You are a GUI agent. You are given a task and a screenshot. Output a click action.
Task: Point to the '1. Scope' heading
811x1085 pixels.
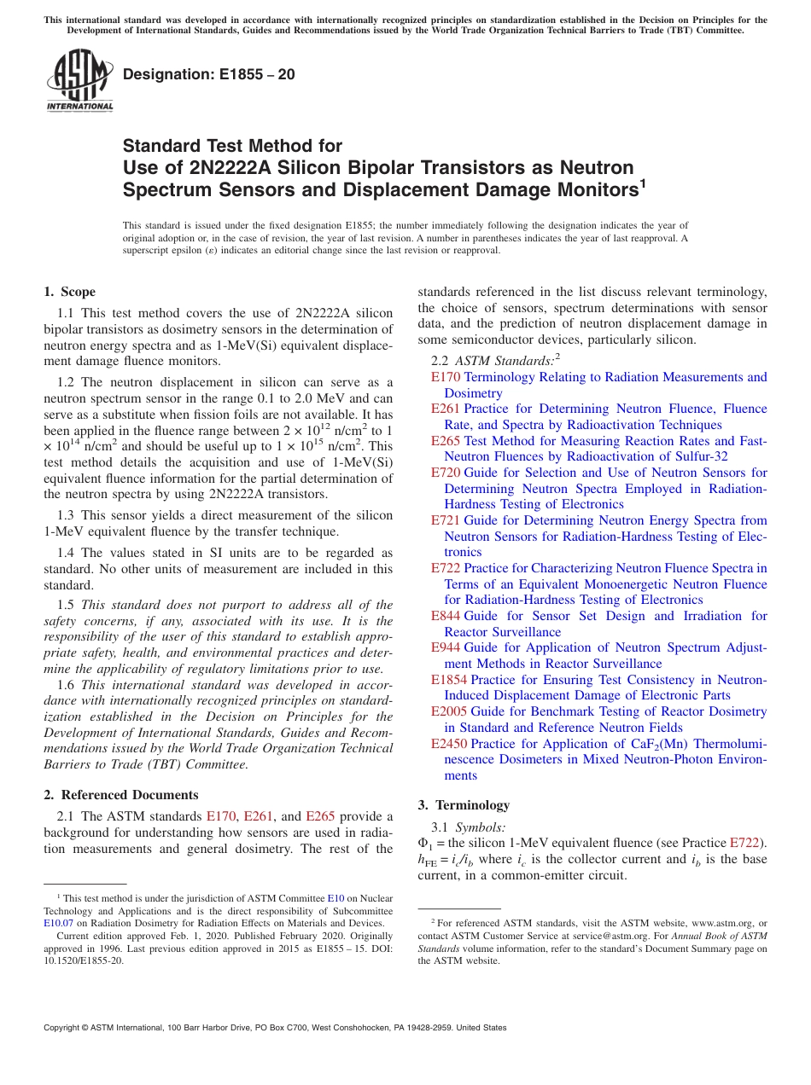tap(70, 292)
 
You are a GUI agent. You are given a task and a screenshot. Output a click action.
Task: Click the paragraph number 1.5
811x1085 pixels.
tap(67, 605)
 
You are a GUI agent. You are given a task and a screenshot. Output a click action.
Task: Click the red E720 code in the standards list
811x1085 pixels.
tap(446, 473)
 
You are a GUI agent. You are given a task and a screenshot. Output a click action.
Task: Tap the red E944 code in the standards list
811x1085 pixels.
tap(446, 647)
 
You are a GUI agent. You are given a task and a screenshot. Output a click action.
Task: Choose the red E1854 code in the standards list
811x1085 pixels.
tap(449, 680)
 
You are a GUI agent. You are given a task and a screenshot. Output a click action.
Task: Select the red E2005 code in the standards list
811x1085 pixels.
tap(449, 711)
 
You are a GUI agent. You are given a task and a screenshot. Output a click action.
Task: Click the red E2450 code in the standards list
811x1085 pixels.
tap(449, 744)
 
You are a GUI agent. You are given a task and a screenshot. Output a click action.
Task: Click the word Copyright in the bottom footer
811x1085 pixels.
tap(63, 1028)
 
